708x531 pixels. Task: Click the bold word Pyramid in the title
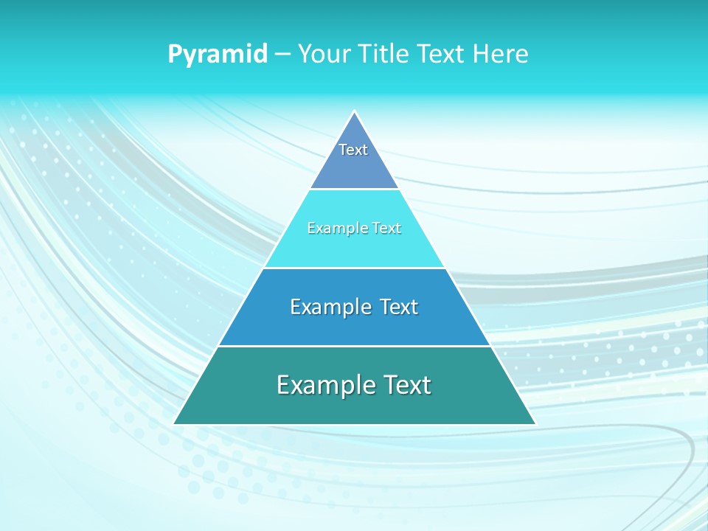coord(218,55)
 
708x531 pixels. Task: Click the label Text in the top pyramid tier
coord(353,150)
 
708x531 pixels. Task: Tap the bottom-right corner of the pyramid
coord(535,423)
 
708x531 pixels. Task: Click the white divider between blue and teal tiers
coord(354,346)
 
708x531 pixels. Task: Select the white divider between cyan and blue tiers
coord(354,268)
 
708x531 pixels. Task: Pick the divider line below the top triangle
coord(354,190)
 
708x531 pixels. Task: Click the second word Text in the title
coord(440,54)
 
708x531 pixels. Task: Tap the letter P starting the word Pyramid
coord(175,54)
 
